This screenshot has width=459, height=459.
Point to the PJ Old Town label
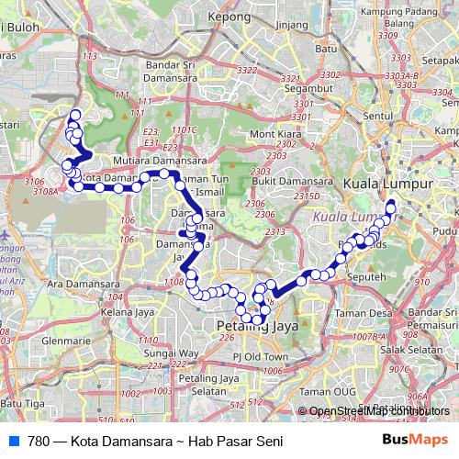261,356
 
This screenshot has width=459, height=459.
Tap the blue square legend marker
15,441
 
